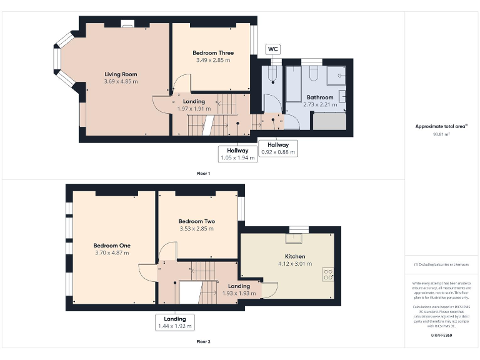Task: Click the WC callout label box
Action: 273,49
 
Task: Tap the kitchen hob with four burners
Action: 327,274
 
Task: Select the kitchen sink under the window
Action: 293,238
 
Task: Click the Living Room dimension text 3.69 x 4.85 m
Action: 121,81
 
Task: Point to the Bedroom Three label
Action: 213,53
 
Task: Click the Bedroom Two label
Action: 197,221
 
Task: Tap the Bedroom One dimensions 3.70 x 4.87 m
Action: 112,253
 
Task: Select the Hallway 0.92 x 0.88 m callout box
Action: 278,147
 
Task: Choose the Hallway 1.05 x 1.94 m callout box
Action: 237,154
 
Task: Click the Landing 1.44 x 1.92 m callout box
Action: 175,322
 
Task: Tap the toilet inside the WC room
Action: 271,76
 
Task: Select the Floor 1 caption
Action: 203,173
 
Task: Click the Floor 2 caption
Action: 203,342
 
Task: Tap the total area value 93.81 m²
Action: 441,134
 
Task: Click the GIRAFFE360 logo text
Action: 441,336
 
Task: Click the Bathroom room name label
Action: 319,97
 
